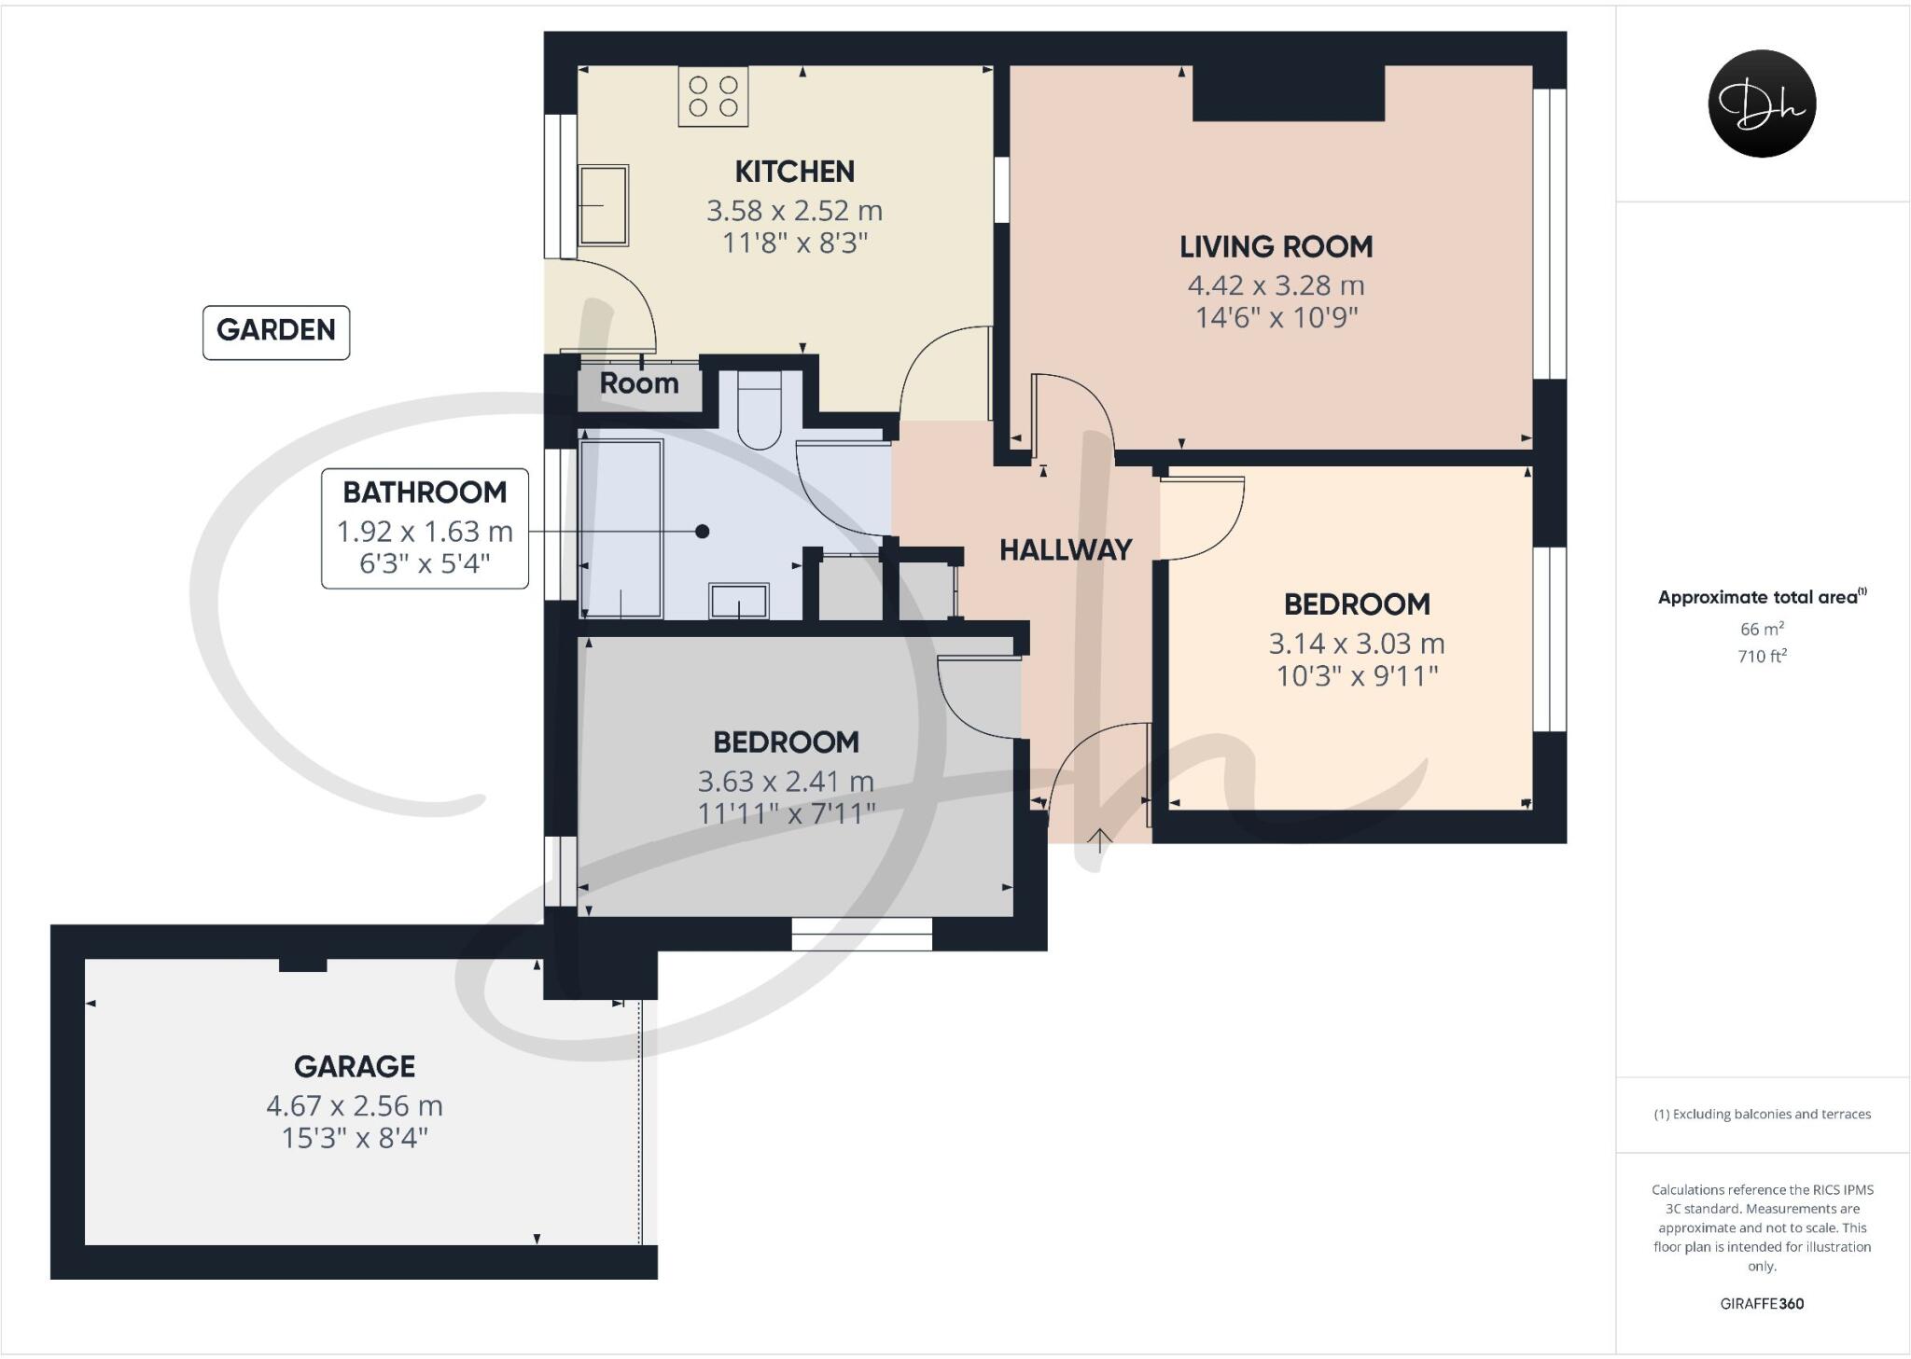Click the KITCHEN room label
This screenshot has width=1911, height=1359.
(794, 172)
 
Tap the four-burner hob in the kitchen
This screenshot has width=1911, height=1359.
(713, 97)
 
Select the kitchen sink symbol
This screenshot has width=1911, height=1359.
(603, 205)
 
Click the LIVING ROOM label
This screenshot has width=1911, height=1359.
(1276, 247)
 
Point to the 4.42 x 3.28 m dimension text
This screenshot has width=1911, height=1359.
(1276, 285)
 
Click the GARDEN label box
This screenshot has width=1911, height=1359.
(276, 331)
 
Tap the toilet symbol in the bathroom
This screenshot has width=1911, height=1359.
(759, 410)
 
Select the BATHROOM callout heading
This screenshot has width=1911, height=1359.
(425, 492)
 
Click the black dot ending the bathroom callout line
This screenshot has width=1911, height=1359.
(703, 532)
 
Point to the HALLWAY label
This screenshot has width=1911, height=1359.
(1066, 550)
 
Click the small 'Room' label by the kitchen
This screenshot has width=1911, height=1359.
(638, 383)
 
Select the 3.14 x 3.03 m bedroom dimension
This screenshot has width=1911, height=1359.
(1356, 644)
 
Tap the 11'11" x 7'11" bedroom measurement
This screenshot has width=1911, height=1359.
(786, 813)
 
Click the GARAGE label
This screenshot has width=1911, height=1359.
(355, 1067)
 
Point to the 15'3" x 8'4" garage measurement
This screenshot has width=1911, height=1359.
(355, 1138)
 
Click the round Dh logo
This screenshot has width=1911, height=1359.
(1762, 104)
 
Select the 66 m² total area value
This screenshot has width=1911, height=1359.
(1762, 629)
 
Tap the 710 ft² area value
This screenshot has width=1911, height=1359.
(1762, 657)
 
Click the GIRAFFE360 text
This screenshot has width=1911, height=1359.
(1762, 1304)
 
